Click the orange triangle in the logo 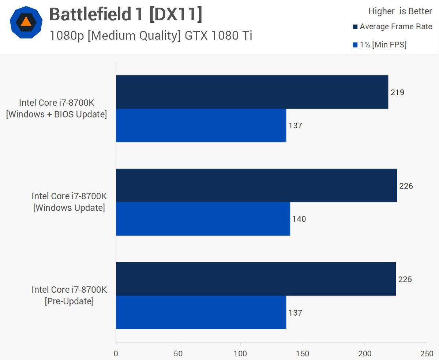[26, 22]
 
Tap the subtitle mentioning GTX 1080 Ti [151, 35]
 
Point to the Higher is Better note [400, 11]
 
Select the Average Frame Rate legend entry [392, 27]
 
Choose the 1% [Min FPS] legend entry [379, 45]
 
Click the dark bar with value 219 [252, 92]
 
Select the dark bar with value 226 [256, 185]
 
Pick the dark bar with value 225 [255, 279]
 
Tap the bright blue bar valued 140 [203, 219]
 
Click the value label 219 [397, 92]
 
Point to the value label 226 [406, 186]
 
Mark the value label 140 [299, 219]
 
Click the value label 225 [405, 279]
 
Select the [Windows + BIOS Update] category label [56, 114]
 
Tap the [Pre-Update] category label [69, 301]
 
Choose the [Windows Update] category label [69, 208]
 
